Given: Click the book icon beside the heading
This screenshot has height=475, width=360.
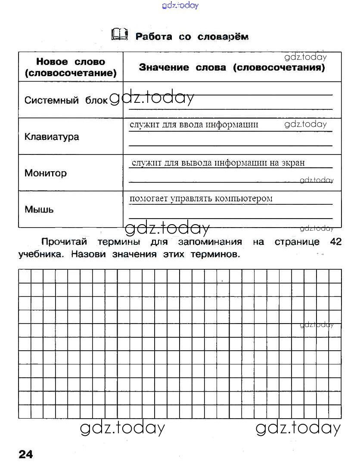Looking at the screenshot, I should [119, 34].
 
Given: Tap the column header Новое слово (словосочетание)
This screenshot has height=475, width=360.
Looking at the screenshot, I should [71, 68].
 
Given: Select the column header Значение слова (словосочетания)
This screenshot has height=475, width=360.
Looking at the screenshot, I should [232, 68].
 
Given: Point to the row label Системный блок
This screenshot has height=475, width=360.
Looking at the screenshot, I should [66, 100].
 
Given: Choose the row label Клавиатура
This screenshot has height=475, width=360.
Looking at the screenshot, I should [52, 137].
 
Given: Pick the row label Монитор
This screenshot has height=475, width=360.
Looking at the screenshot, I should [46, 173].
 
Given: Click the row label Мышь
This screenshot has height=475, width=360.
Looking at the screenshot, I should [39, 210].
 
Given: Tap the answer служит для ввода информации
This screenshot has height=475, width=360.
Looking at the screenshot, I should [194, 125].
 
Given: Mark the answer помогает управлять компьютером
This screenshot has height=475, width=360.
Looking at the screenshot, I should [201, 198].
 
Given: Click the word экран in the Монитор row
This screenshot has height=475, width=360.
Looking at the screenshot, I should [293, 163].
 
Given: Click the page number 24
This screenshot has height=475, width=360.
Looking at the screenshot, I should [26, 454].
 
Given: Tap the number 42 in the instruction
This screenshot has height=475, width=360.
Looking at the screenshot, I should [335, 242].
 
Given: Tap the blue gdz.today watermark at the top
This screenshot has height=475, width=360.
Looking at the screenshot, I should [180, 6].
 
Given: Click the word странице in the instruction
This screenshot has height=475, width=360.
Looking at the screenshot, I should [297, 242].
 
